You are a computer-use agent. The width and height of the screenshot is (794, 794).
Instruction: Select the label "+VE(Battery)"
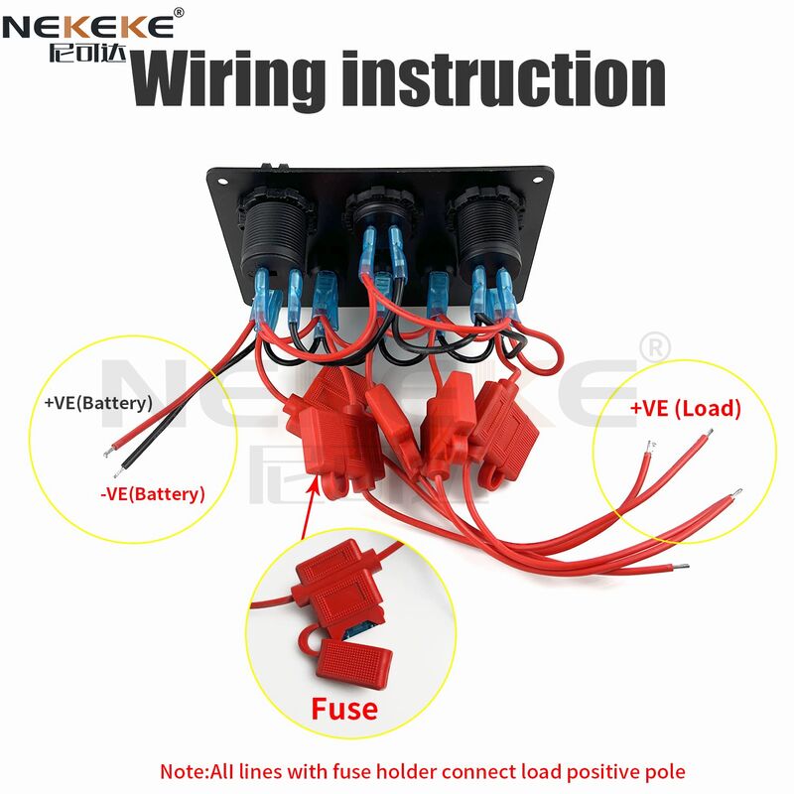pyautogui.click(x=98, y=404)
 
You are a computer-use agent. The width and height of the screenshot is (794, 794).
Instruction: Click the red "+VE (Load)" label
pyautogui.click(x=685, y=408)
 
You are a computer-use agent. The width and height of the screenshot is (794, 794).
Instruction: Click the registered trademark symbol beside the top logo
pyautogui.click(x=179, y=12)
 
